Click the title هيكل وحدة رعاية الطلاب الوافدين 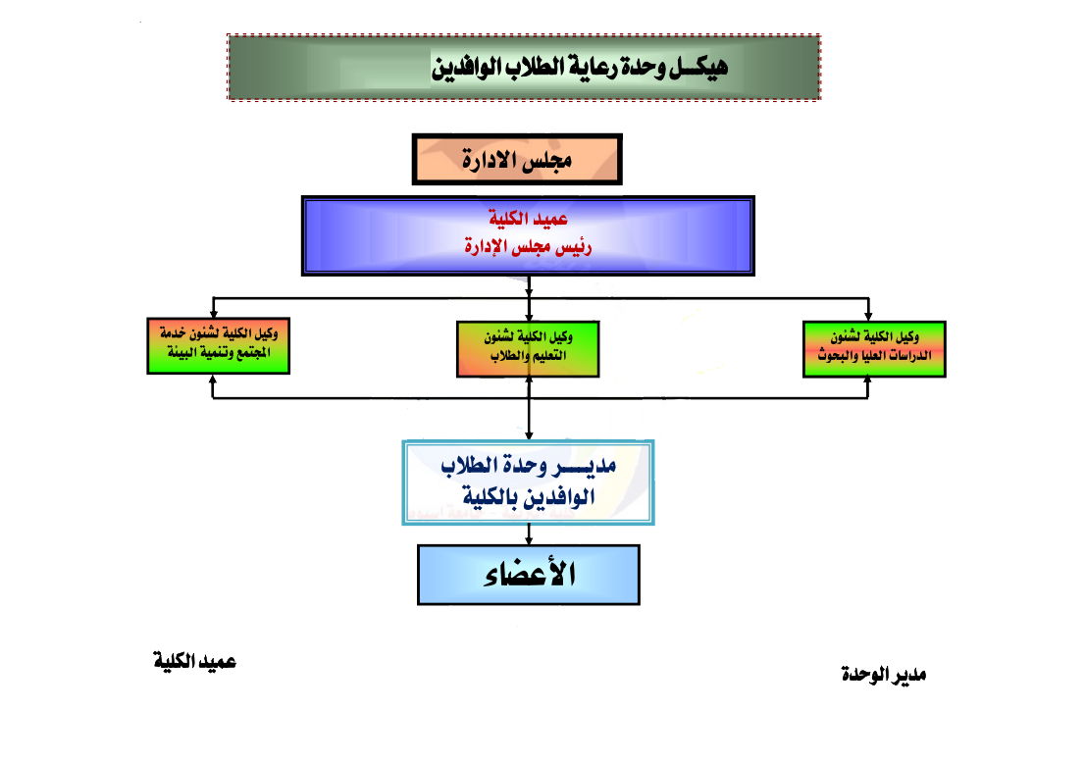[x=580, y=68]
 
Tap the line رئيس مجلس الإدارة [x=529, y=247]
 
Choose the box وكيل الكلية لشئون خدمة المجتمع [x=217, y=346]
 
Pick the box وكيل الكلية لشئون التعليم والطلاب [x=529, y=348]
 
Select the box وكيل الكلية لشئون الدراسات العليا [x=873, y=348]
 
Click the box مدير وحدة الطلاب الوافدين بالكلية [x=529, y=482]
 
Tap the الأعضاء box [x=529, y=575]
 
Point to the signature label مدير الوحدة [x=884, y=675]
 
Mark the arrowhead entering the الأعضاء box [x=530, y=539]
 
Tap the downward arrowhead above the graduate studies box [x=868, y=313]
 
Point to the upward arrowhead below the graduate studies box [x=868, y=383]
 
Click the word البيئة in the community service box [x=179, y=356]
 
